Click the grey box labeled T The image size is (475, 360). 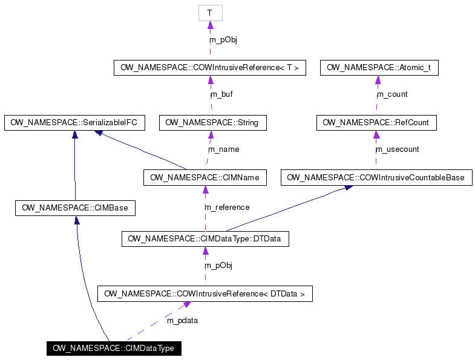tap(211, 13)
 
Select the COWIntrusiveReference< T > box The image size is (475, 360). tap(209, 68)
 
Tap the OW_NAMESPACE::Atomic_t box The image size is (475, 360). tap(379, 68)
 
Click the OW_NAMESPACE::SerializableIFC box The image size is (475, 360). tap(74, 122)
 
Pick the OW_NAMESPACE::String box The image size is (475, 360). tap(212, 122)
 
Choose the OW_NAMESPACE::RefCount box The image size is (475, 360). tap(376, 122)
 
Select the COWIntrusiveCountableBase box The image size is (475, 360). tap(376, 177)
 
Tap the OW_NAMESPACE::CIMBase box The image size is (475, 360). tap(75, 208)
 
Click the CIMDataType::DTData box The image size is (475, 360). tap(205, 239)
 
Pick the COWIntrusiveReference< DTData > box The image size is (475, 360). tap(205, 293)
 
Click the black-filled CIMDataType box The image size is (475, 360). tap(114, 349)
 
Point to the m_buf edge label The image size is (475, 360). tap(221, 94)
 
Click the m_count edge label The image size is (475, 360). tap(392, 94)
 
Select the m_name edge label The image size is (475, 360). tap(223, 149)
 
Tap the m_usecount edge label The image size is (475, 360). tap(397, 149)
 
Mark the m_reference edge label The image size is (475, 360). tap(227, 208)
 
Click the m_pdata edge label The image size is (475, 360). tap(182, 320)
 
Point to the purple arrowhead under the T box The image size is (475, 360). tap(211, 25)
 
